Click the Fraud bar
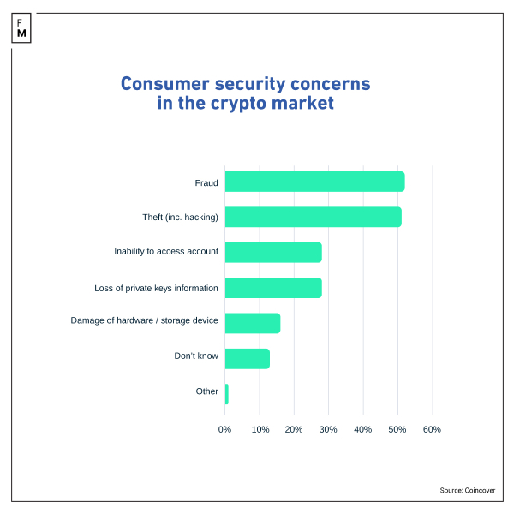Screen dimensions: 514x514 click(314, 182)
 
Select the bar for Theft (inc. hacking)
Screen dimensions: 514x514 click(313, 217)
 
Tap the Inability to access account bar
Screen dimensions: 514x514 click(273, 252)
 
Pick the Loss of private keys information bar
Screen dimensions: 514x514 click(273, 288)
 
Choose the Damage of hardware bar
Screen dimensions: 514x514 click(253, 323)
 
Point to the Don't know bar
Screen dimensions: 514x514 click(248, 358)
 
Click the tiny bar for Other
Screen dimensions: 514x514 click(227, 394)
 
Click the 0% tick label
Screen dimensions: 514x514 click(225, 429)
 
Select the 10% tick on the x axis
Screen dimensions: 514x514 click(260, 429)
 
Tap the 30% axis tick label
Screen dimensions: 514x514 click(328, 429)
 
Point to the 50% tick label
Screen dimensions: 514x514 click(397, 429)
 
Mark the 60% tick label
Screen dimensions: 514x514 click(432, 429)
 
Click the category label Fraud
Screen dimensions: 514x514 click(206, 182)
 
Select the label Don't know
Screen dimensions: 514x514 click(196, 356)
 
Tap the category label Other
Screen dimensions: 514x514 click(206, 391)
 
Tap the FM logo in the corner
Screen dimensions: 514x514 click(21, 27)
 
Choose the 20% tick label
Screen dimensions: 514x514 click(294, 429)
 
